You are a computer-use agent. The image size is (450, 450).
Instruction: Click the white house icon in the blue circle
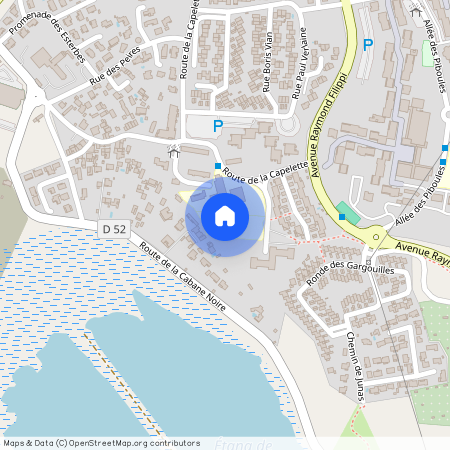225,216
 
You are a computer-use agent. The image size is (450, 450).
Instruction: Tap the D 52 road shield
114,229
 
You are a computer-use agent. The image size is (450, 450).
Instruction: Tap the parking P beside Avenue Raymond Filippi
367,44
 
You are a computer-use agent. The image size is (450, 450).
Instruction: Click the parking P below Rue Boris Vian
217,126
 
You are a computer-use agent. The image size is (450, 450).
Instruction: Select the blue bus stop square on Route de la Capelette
217,166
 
